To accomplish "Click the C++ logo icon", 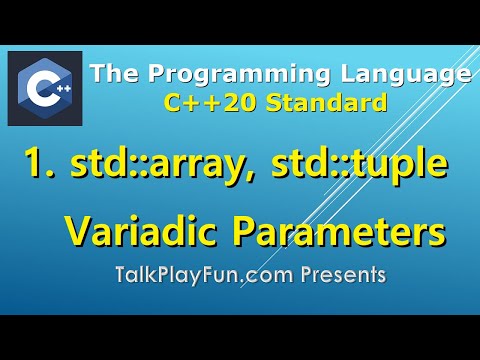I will (x=45, y=89).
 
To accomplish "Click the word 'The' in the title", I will (x=112, y=74).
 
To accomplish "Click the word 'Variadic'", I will (x=138, y=232).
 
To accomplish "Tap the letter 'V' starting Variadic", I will (x=77, y=232).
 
